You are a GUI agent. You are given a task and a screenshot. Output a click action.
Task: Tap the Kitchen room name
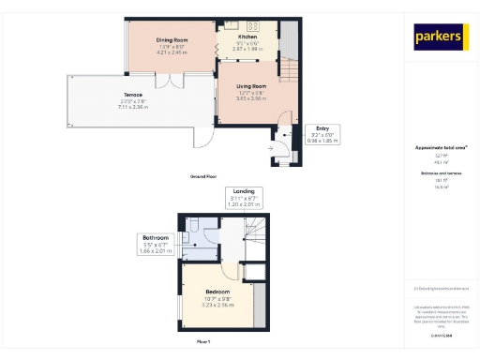tap(248, 36)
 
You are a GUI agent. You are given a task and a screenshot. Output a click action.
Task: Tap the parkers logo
tap(439, 37)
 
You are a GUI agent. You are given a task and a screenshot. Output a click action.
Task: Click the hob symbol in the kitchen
tap(252, 25)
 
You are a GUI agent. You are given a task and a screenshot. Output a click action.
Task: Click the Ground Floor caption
tap(204, 176)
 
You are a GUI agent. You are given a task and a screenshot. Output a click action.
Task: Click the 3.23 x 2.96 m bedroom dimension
tap(217, 306)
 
